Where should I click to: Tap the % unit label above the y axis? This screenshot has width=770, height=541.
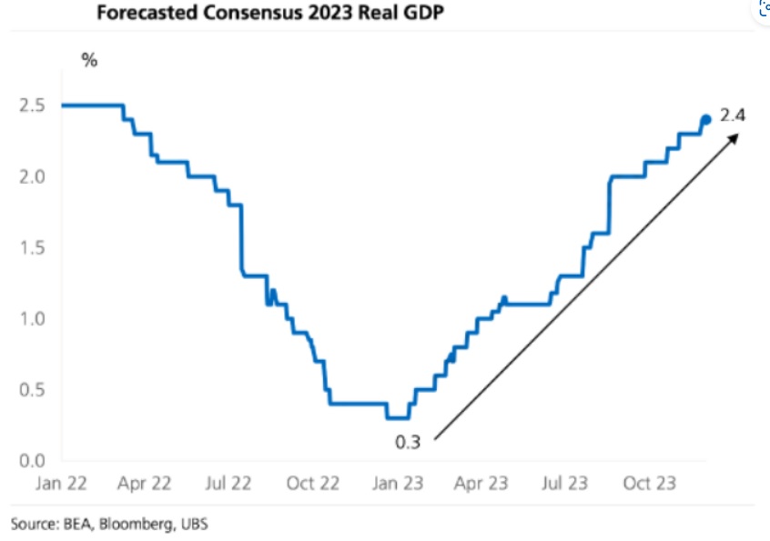89,61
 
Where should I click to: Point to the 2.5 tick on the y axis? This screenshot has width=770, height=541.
33,105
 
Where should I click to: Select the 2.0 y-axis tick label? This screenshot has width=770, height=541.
33,176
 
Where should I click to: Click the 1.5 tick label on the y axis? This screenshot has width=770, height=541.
33,247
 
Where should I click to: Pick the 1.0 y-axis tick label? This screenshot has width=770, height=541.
33,319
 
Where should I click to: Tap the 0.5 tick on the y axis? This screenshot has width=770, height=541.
33,390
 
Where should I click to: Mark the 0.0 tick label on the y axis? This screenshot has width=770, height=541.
33,461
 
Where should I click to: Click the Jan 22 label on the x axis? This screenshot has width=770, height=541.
62,484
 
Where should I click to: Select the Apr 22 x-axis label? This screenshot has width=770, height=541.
146,484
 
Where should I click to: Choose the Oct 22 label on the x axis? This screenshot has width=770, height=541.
313,484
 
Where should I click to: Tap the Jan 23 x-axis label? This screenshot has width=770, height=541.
397,484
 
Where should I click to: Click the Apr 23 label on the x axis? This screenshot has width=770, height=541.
481,484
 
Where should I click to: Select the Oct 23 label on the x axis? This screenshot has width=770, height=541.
648,484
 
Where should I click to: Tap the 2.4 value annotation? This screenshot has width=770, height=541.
733,116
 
